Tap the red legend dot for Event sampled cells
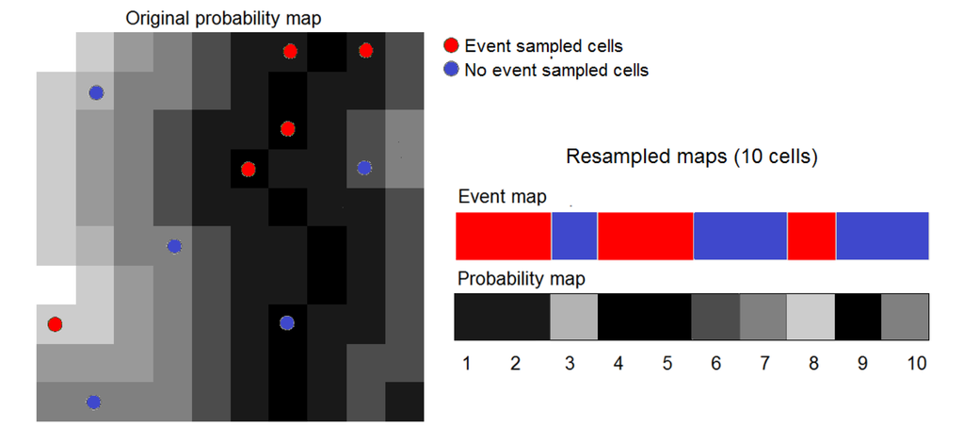(452, 45)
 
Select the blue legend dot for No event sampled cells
(452, 69)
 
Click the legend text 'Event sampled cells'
(543, 45)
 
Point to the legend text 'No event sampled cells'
(556, 69)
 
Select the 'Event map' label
(501, 197)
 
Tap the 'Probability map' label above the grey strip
(521, 279)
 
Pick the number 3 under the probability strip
(567, 364)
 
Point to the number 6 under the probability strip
(716, 364)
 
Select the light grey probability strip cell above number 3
(573, 317)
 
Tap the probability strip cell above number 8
(811, 317)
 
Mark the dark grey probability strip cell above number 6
(715, 317)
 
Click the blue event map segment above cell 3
(573, 236)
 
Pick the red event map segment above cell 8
(811, 236)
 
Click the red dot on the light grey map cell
(55, 324)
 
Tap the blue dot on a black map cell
(287, 323)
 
